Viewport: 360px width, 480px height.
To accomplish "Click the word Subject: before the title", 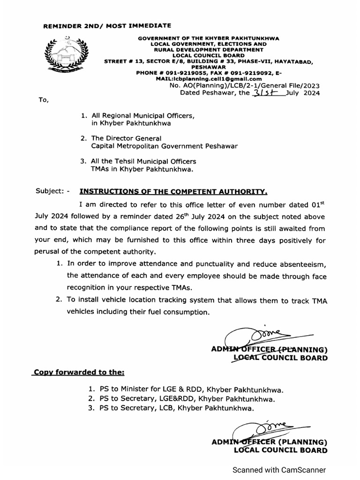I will pos(51,191).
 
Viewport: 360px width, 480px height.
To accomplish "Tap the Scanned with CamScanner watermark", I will pos(280,470).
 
